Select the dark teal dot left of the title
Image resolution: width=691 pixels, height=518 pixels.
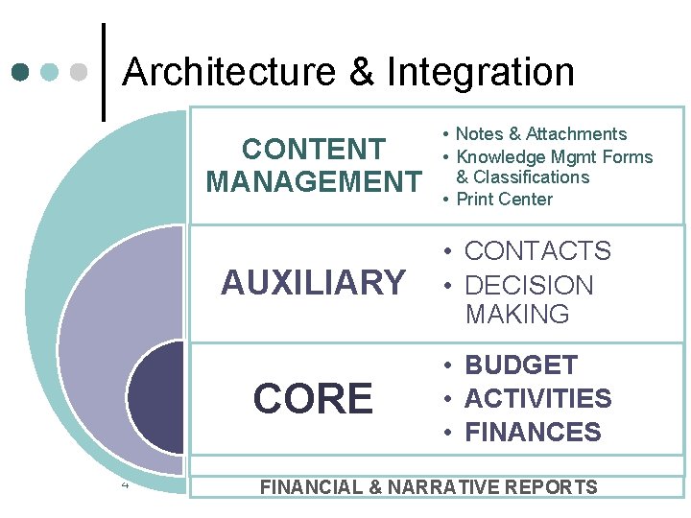(x=22, y=72)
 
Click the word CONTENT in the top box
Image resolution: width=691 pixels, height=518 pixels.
(x=313, y=150)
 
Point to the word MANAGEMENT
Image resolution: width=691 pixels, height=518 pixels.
(x=313, y=181)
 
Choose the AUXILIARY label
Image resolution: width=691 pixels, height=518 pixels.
(x=313, y=283)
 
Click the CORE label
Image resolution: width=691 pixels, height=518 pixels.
(x=313, y=399)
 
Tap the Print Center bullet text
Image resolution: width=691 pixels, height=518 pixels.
(x=504, y=200)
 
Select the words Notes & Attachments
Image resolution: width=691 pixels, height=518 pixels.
(x=540, y=134)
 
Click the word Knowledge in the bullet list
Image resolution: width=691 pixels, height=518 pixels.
(x=496, y=157)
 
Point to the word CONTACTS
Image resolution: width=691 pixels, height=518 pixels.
(x=537, y=251)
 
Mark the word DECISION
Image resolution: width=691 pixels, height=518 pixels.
(x=529, y=286)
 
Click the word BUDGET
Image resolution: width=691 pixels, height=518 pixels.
(x=521, y=365)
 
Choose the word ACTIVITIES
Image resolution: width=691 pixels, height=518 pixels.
(x=537, y=398)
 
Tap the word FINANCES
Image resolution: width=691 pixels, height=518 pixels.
(x=533, y=432)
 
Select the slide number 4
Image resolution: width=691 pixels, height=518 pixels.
(x=125, y=483)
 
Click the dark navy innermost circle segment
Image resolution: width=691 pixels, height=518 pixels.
(x=158, y=398)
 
